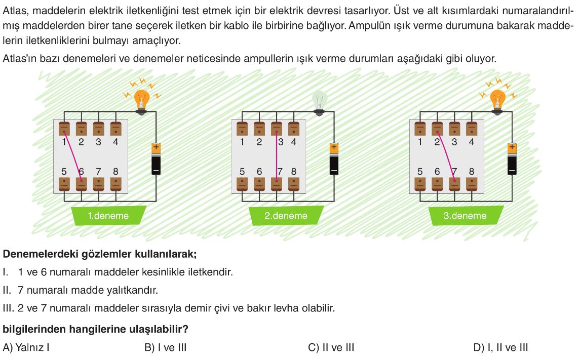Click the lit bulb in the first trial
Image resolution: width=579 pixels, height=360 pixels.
[141, 99]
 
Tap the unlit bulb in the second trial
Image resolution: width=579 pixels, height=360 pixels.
[319, 100]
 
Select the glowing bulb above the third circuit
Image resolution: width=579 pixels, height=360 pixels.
[498, 99]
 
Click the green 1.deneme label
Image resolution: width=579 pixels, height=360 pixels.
[108, 216]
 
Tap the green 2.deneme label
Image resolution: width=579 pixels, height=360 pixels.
[286, 216]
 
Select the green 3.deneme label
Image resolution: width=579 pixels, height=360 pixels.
[465, 216]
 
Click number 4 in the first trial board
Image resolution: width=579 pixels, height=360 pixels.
[115, 142]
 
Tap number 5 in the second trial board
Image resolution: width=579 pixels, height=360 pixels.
[242, 172]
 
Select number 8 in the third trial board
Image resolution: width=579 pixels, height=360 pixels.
[472, 172]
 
